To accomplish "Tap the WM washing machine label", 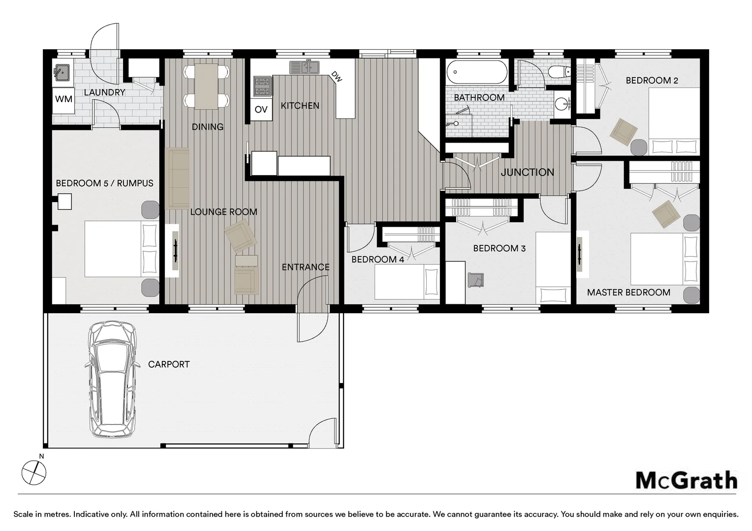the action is (63, 99).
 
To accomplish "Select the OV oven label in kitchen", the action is (261, 109).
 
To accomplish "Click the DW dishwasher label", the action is (337, 77).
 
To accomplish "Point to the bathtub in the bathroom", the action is (477, 72).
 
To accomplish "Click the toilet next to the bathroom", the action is (559, 71).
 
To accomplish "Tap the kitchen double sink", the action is (305, 67).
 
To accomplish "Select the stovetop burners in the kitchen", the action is (262, 86).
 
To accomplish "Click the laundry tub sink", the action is (62, 73).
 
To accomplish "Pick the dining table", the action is (207, 86).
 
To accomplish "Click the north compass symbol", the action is (33, 472).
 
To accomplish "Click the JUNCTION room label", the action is (528, 173).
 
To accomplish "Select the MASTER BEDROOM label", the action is (628, 293).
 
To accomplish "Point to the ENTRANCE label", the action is (306, 267).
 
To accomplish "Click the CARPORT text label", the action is (168, 364).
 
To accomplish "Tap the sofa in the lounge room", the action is (177, 178).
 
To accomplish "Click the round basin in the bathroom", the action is (562, 104).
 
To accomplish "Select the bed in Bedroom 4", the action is (407, 282).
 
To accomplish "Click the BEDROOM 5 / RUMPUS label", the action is (104, 183).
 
